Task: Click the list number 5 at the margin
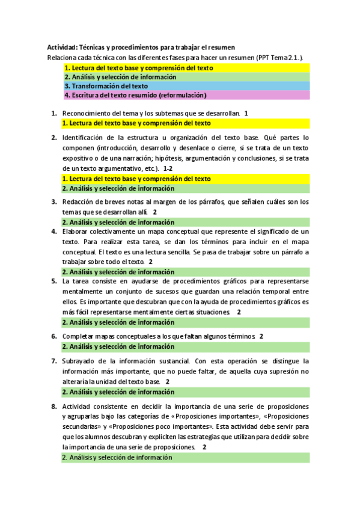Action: (x=54, y=281)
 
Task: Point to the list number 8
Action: (x=54, y=407)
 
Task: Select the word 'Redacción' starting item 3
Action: (x=78, y=202)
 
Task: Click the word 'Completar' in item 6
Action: (x=78, y=336)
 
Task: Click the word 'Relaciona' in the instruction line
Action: (x=62, y=58)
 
